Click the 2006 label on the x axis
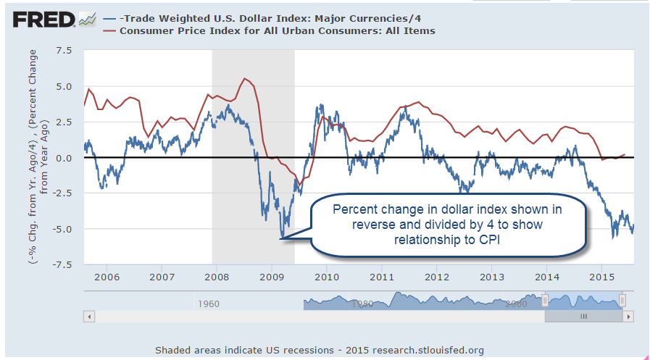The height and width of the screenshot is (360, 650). [x=107, y=277]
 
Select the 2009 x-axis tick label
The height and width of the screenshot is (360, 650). [x=272, y=277]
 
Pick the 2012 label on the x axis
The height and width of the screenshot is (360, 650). [x=437, y=277]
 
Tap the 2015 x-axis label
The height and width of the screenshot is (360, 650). [x=602, y=277]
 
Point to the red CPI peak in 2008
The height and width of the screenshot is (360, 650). [x=245, y=78]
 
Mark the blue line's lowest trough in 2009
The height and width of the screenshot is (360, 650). [x=281, y=238]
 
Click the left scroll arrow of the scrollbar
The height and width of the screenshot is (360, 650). [x=90, y=317]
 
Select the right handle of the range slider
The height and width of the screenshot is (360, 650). [x=622, y=300]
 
